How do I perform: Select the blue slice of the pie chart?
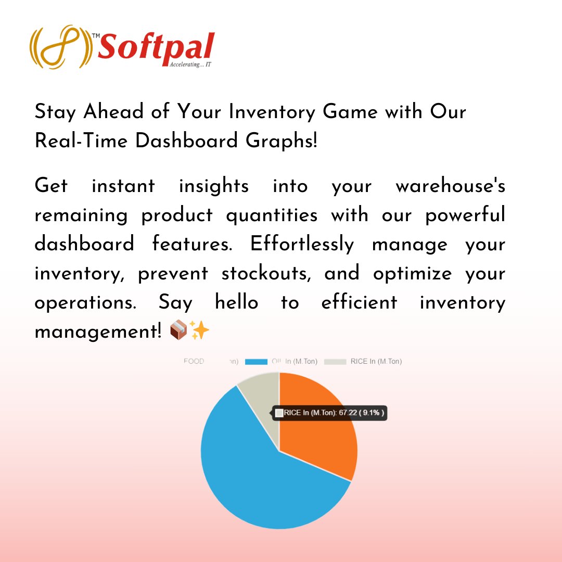[260, 479]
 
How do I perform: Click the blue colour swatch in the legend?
[256, 362]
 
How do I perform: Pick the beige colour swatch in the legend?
[335, 362]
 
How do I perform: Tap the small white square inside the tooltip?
[279, 413]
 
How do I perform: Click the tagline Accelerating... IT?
[190, 65]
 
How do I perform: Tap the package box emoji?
[178, 330]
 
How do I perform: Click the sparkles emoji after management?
[199, 330]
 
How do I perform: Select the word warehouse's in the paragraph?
[450, 186]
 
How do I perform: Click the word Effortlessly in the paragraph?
[302, 244]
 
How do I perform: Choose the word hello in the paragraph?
[237, 302]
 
